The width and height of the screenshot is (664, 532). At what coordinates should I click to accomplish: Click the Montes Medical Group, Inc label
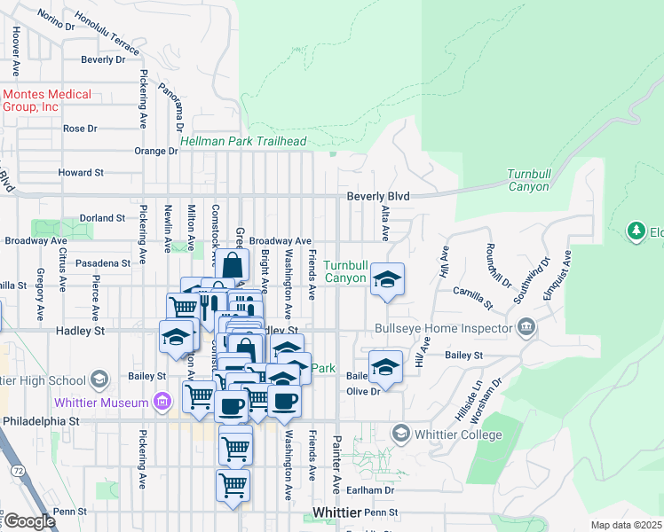click(46, 100)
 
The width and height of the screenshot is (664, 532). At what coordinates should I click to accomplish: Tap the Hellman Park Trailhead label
click(242, 141)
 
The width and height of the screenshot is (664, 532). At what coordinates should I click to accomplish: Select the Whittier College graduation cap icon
click(400, 434)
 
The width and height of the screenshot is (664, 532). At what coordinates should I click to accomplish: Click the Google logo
click(29, 520)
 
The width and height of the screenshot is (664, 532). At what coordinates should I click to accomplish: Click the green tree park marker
click(636, 232)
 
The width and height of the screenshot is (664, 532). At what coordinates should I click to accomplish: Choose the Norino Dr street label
click(56, 19)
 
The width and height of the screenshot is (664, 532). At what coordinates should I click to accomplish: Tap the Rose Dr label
click(80, 129)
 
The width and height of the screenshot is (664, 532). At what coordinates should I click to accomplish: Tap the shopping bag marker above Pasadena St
click(233, 265)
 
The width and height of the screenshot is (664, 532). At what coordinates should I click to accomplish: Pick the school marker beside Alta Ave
click(386, 279)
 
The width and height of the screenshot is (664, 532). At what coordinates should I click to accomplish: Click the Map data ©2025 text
click(626, 525)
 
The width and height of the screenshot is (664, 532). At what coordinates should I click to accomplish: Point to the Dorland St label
click(102, 217)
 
